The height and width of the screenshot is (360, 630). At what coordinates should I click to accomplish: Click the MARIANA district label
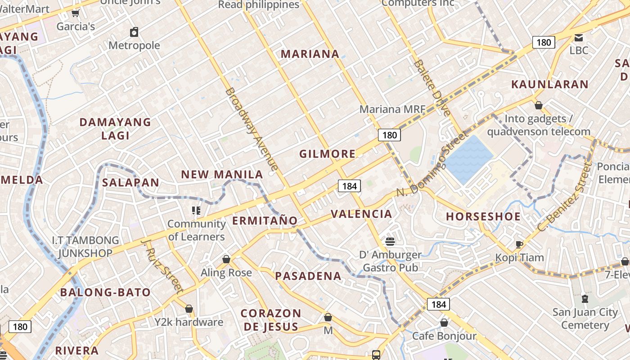coord(310,54)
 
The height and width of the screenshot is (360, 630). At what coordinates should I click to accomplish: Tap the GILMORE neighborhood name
coord(328,154)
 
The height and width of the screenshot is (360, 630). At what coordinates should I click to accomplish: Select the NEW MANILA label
coord(222,175)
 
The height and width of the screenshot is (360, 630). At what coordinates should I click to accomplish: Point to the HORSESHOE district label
coord(483,216)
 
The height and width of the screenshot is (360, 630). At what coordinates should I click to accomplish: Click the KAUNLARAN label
coord(550,84)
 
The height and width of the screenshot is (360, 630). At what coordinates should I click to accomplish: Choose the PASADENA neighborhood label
coord(308,276)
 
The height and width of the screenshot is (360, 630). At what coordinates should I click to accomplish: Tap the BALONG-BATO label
coord(105,292)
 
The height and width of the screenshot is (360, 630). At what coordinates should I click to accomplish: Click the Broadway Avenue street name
coord(251,130)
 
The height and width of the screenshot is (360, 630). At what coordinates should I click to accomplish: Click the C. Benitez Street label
coord(564,198)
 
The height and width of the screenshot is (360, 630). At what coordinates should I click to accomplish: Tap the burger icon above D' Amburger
coord(390,242)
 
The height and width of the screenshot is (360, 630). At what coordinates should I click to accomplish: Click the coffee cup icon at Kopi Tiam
coord(519,244)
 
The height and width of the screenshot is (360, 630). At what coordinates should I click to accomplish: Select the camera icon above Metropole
coord(134,32)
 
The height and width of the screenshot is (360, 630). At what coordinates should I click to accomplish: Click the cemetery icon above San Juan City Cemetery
coord(585,298)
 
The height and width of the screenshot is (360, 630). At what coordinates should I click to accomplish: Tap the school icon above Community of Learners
coord(196,210)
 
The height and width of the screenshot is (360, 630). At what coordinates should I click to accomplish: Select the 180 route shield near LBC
coord(544,42)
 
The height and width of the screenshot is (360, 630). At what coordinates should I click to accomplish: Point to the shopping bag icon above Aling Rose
coord(226,259)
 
